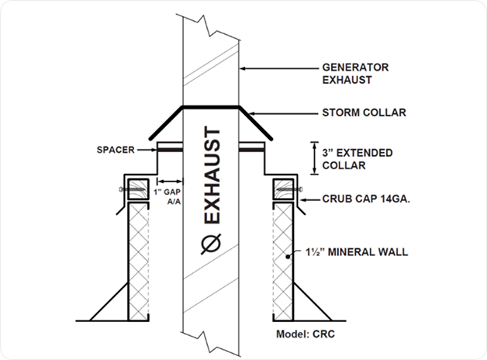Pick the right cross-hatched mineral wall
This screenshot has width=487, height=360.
click(x=283, y=260)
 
